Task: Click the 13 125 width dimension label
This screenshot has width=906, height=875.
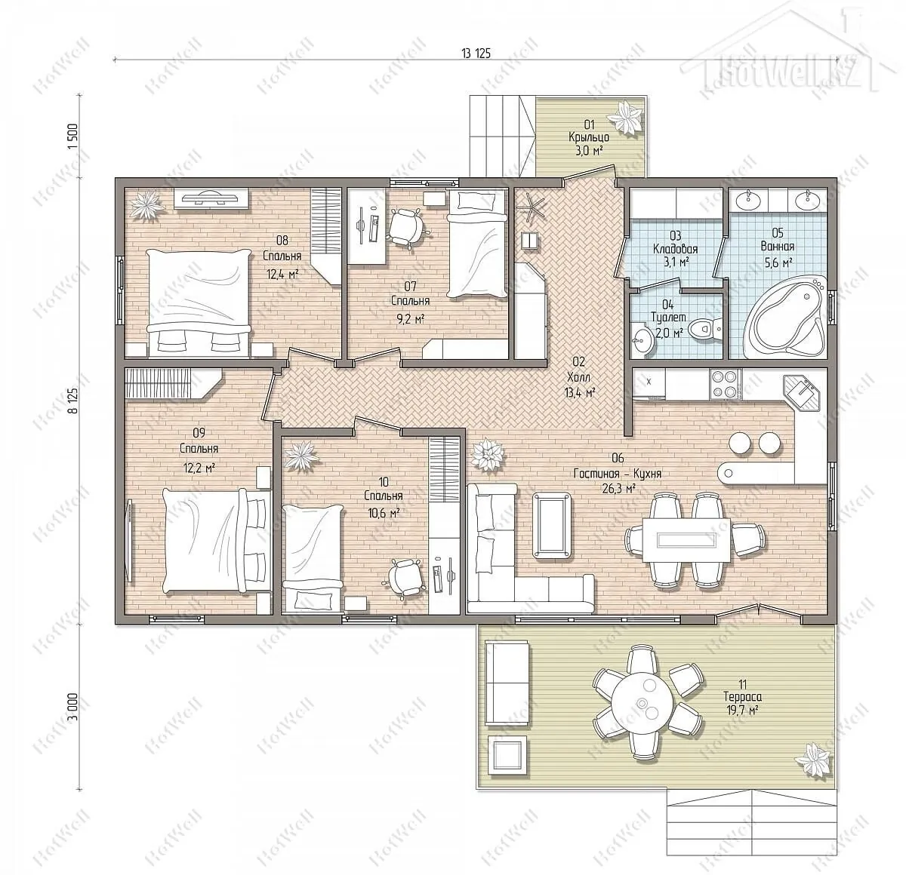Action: pyautogui.click(x=476, y=54)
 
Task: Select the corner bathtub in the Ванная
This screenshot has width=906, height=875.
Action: pyautogui.click(x=784, y=316)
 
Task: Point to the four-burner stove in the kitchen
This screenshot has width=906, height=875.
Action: pyautogui.click(x=726, y=384)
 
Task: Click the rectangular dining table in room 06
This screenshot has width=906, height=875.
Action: pyautogui.click(x=686, y=539)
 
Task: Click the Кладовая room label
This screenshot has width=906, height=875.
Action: pyautogui.click(x=675, y=250)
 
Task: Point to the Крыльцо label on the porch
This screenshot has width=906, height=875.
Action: pyautogui.click(x=589, y=138)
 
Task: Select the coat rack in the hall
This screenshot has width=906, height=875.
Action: pyautogui.click(x=532, y=207)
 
